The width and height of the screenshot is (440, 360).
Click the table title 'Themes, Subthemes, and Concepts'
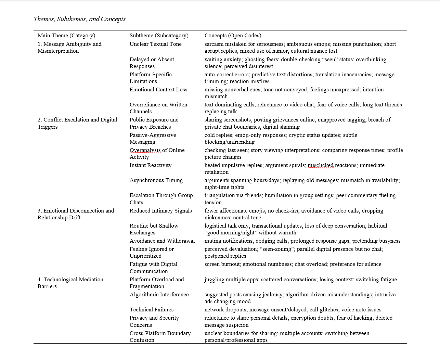click(79, 19)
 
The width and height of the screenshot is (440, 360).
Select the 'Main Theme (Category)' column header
click(66, 35)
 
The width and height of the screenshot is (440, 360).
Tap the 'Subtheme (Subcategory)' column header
click(159, 35)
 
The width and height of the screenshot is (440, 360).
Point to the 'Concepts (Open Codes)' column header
click(233, 35)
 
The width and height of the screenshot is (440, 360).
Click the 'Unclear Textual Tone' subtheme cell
click(155, 44)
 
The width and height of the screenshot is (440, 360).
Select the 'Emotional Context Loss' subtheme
click(158, 89)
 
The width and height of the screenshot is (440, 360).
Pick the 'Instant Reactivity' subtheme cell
click(150, 165)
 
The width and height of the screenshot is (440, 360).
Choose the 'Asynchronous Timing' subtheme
click(156, 180)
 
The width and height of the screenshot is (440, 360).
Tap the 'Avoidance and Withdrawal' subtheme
click(162, 241)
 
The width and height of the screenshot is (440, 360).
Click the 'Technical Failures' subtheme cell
click(151, 309)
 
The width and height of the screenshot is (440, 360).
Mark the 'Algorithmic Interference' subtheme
click(159, 294)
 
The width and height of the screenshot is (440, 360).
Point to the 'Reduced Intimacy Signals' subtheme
click(160, 210)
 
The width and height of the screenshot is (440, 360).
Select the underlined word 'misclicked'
click(320, 165)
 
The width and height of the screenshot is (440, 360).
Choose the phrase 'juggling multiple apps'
click(231, 279)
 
